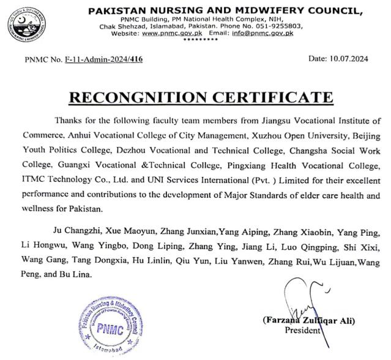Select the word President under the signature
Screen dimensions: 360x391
tap(303, 330)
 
